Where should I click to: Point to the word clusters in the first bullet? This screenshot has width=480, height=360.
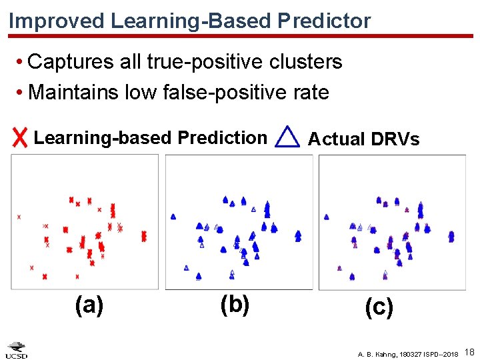(x=305, y=62)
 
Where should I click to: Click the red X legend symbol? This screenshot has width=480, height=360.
(x=21, y=138)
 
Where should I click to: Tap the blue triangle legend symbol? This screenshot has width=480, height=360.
(x=287, y=137)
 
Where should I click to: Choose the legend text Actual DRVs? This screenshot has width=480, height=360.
(x=363, y=139)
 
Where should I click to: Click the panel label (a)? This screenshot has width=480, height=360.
(x=89, y=305)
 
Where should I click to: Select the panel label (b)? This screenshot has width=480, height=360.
(x=235, y=305)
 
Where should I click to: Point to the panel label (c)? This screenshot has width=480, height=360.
(x=379, y=307)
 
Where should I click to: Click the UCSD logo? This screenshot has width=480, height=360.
(x=17, y=350)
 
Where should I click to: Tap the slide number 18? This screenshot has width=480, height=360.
(x=469, y=351)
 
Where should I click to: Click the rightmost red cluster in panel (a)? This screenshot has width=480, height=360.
(x=144, y=236)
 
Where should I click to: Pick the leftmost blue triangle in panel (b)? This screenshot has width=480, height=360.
(x=173, y=217)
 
